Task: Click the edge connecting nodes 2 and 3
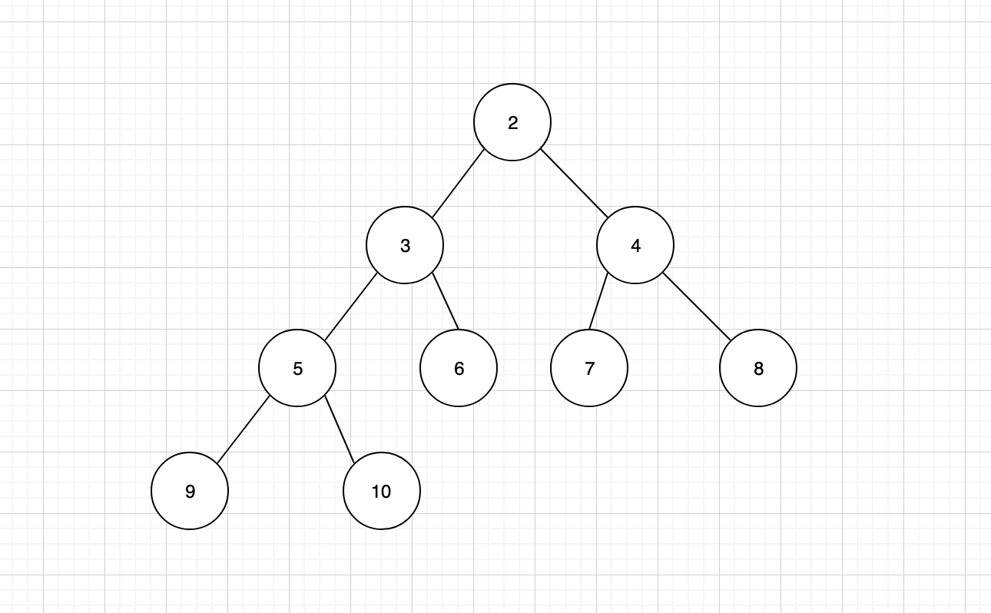(459, 184)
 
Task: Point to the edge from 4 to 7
(598, 301)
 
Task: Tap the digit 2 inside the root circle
(512, 123)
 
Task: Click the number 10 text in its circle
(382, 492)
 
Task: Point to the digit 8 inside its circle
(758, 369)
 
